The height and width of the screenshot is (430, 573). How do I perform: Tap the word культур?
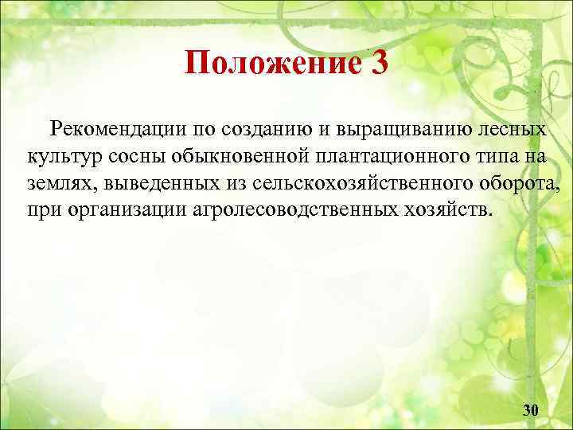(x=60, y=156)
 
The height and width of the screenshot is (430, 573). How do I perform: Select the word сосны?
(x=133, y=156)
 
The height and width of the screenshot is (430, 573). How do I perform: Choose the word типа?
(x=489, y=156)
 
